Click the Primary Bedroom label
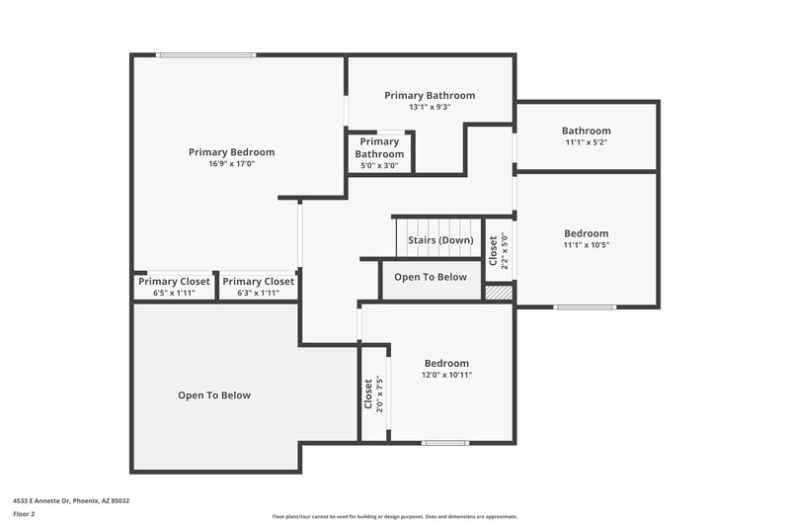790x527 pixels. (x=231, y=152)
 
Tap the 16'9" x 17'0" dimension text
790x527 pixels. (x=231, y=164)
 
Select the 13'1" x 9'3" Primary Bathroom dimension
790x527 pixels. (x=430, y=107)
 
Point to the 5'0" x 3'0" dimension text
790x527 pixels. (x=379, y=166)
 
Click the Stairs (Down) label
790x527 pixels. (x=440, y=240)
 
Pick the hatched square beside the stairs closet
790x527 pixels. (x=499, y=293)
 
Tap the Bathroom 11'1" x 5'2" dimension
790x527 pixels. (x=587, y=142)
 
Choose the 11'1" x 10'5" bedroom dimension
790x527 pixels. (x=587, y=245)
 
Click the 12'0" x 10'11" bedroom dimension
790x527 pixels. (x=446, y=375)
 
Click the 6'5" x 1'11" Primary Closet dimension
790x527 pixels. (x=174, y=293)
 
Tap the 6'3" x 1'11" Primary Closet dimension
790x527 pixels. (x=258, y=293)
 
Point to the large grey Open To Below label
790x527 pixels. (x=214, y=395)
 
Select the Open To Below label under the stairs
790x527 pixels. (x=431, y=277)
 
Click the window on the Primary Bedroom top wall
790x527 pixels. (x=188, y=55)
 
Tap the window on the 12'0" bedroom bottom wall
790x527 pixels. (x=444, y=442)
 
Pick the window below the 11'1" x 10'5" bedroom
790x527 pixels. (x=585, y=307)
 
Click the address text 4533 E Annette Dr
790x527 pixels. (x=71, y=500)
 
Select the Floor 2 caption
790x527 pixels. (x=25, y=514)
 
